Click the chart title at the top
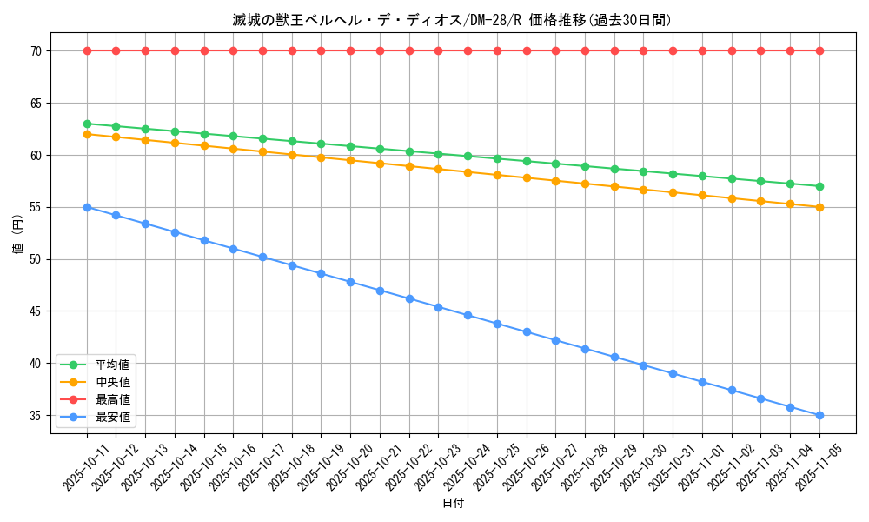(x=452, y=20)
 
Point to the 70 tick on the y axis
(x=36, y=51)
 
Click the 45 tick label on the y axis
(x=36, y=311)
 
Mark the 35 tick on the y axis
(x=36, y=416)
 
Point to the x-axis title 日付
(x=453, y=503)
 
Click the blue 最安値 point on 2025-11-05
(x=819, y=416)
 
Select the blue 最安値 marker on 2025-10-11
(x=87, y=207)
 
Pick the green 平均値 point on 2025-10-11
(x=87, y=124)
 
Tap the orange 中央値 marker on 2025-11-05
(x=819, y=207)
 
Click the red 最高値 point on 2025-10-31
(x=673, y=50)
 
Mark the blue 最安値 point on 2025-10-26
(x=527, y=332)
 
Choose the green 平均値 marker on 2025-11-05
(x=819, y=186)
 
